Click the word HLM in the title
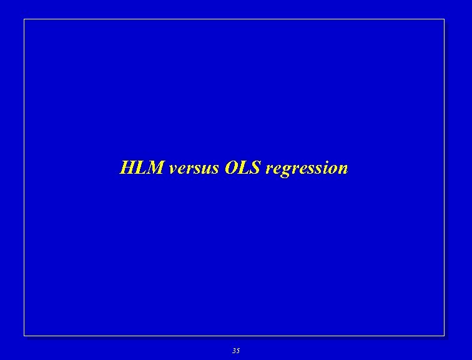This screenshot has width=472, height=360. pos(142,168)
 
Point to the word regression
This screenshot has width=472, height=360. pos(307,169)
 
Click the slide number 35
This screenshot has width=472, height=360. pos(235,351)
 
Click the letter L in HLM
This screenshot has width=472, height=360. pos(141,168)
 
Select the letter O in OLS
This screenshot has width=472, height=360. pos(226,168)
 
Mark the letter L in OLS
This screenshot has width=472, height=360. pos(240,168)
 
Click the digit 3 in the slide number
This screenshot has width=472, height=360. pos(234,351)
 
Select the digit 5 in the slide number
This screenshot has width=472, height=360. pos(238,351)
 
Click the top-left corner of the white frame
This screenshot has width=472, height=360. pos(24,19)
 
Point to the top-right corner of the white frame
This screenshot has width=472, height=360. pos(444,19)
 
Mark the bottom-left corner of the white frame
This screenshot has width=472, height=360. pos(24,336)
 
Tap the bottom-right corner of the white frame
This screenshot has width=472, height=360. pos(444,336)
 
